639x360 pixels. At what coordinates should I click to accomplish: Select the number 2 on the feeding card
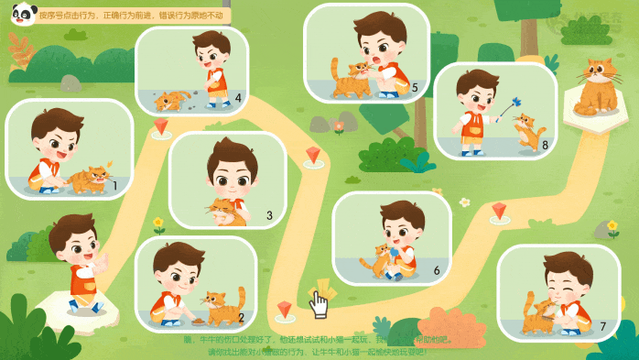coord(240,318)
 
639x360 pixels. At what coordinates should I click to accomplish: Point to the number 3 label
coord(269,216)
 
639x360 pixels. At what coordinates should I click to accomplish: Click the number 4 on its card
coord(238,97)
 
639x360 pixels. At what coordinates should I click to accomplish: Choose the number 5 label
coord(415,88)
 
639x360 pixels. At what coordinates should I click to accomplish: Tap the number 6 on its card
coord(437,270)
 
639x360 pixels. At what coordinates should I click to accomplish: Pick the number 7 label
coord(602,325)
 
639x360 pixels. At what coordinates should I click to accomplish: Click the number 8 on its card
coord(545,144)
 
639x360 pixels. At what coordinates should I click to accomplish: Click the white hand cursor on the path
coord(319,302)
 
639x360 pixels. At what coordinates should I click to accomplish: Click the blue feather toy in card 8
coord(518,102)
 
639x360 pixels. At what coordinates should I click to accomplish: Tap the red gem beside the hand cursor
coord(285,309)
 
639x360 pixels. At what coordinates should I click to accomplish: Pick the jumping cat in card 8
coord(528,131)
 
